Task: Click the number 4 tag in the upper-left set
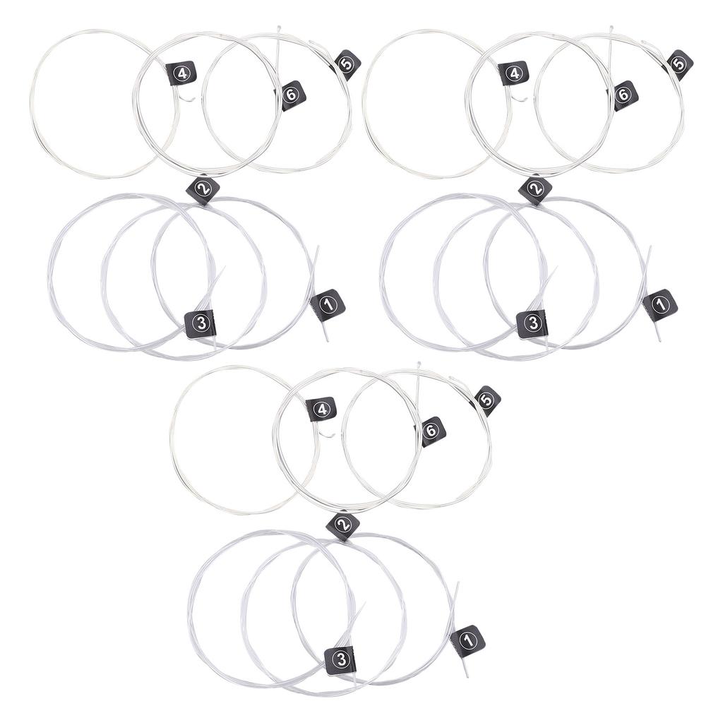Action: [181, 73]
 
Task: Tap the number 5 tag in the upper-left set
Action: [347, 64]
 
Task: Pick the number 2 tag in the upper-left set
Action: [203, 189]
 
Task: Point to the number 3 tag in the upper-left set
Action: [201, 323]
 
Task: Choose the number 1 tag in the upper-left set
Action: [328, 304]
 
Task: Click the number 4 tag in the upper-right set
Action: [513, 73]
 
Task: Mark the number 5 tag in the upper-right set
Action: [679, 64]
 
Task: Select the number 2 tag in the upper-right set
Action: [534, 189]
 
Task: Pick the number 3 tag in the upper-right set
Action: [532, 323]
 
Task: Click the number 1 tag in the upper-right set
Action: [660, 304]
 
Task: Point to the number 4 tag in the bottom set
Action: [321, 410]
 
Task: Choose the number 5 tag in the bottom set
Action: [486, 400]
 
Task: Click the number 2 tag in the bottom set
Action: [343, 525]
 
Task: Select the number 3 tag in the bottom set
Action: [341, 659]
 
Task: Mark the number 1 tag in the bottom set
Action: [467, 640]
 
